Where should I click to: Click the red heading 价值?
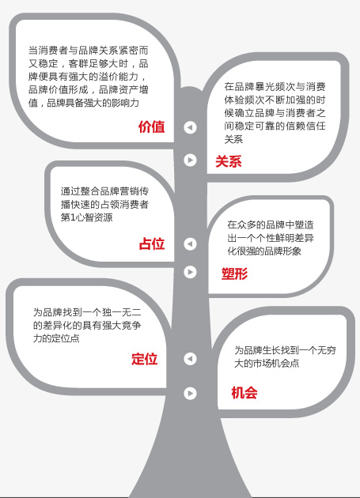pyautogui.click(x=151, y=126)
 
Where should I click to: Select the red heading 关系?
pyautogui.click(x=229, y=161)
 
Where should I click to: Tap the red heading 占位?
pyautogui.click(x=152, y=244)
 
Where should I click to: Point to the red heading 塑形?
pyautogui.click(x=234, y=274)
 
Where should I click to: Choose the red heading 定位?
pyautogui.click(x=144, y=359)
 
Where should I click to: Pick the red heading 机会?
pyautogui.click(x=244, y=393)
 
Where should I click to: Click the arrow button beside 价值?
pyautogui.click(x=190, y=127)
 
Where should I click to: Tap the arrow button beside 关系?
pyautogui.click(x=190, y=160)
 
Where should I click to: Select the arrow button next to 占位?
pyautogui.click(x=190, y=244)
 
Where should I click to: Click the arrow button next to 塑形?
pyautogui.click(x=190, y=272)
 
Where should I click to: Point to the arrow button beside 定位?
pyautogui.click(x=190, y=359)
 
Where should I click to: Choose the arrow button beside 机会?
pyautogui.click(x=190, y=393)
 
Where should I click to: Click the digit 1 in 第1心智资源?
pyautogui.click(x=73, y=217)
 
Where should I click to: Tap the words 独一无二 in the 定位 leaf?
pyautogui.click(x=122, y=312)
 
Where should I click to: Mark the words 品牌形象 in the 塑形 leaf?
pyautogui.click(x=282, y=251)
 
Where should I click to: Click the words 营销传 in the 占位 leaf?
pyautogui.click(x=134, y=191)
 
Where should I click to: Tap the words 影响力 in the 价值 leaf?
pyautogui.click(x=125, y=103)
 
